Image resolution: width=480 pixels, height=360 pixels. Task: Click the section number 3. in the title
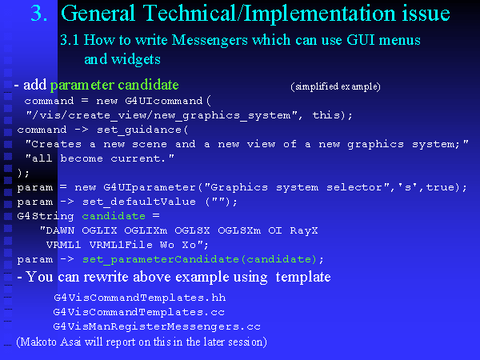(x=39, y=14)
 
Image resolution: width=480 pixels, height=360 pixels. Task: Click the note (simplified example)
(x=335, y=86)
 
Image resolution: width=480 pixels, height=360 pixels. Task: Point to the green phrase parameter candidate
(x=114, y=86)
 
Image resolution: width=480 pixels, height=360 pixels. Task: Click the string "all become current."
(x=100, y=158)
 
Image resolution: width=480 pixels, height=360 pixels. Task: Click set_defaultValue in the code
(x=139, y=202)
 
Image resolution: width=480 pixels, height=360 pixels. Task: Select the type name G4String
(x=46, y=217)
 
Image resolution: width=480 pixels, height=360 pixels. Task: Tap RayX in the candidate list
(x=304, y=230)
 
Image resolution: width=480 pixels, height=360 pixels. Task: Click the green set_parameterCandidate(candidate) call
(x=199, y=259)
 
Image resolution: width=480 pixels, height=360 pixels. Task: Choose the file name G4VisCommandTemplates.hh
(x=139, y=298)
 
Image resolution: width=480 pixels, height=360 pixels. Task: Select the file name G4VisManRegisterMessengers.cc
(x=157, y=326)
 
